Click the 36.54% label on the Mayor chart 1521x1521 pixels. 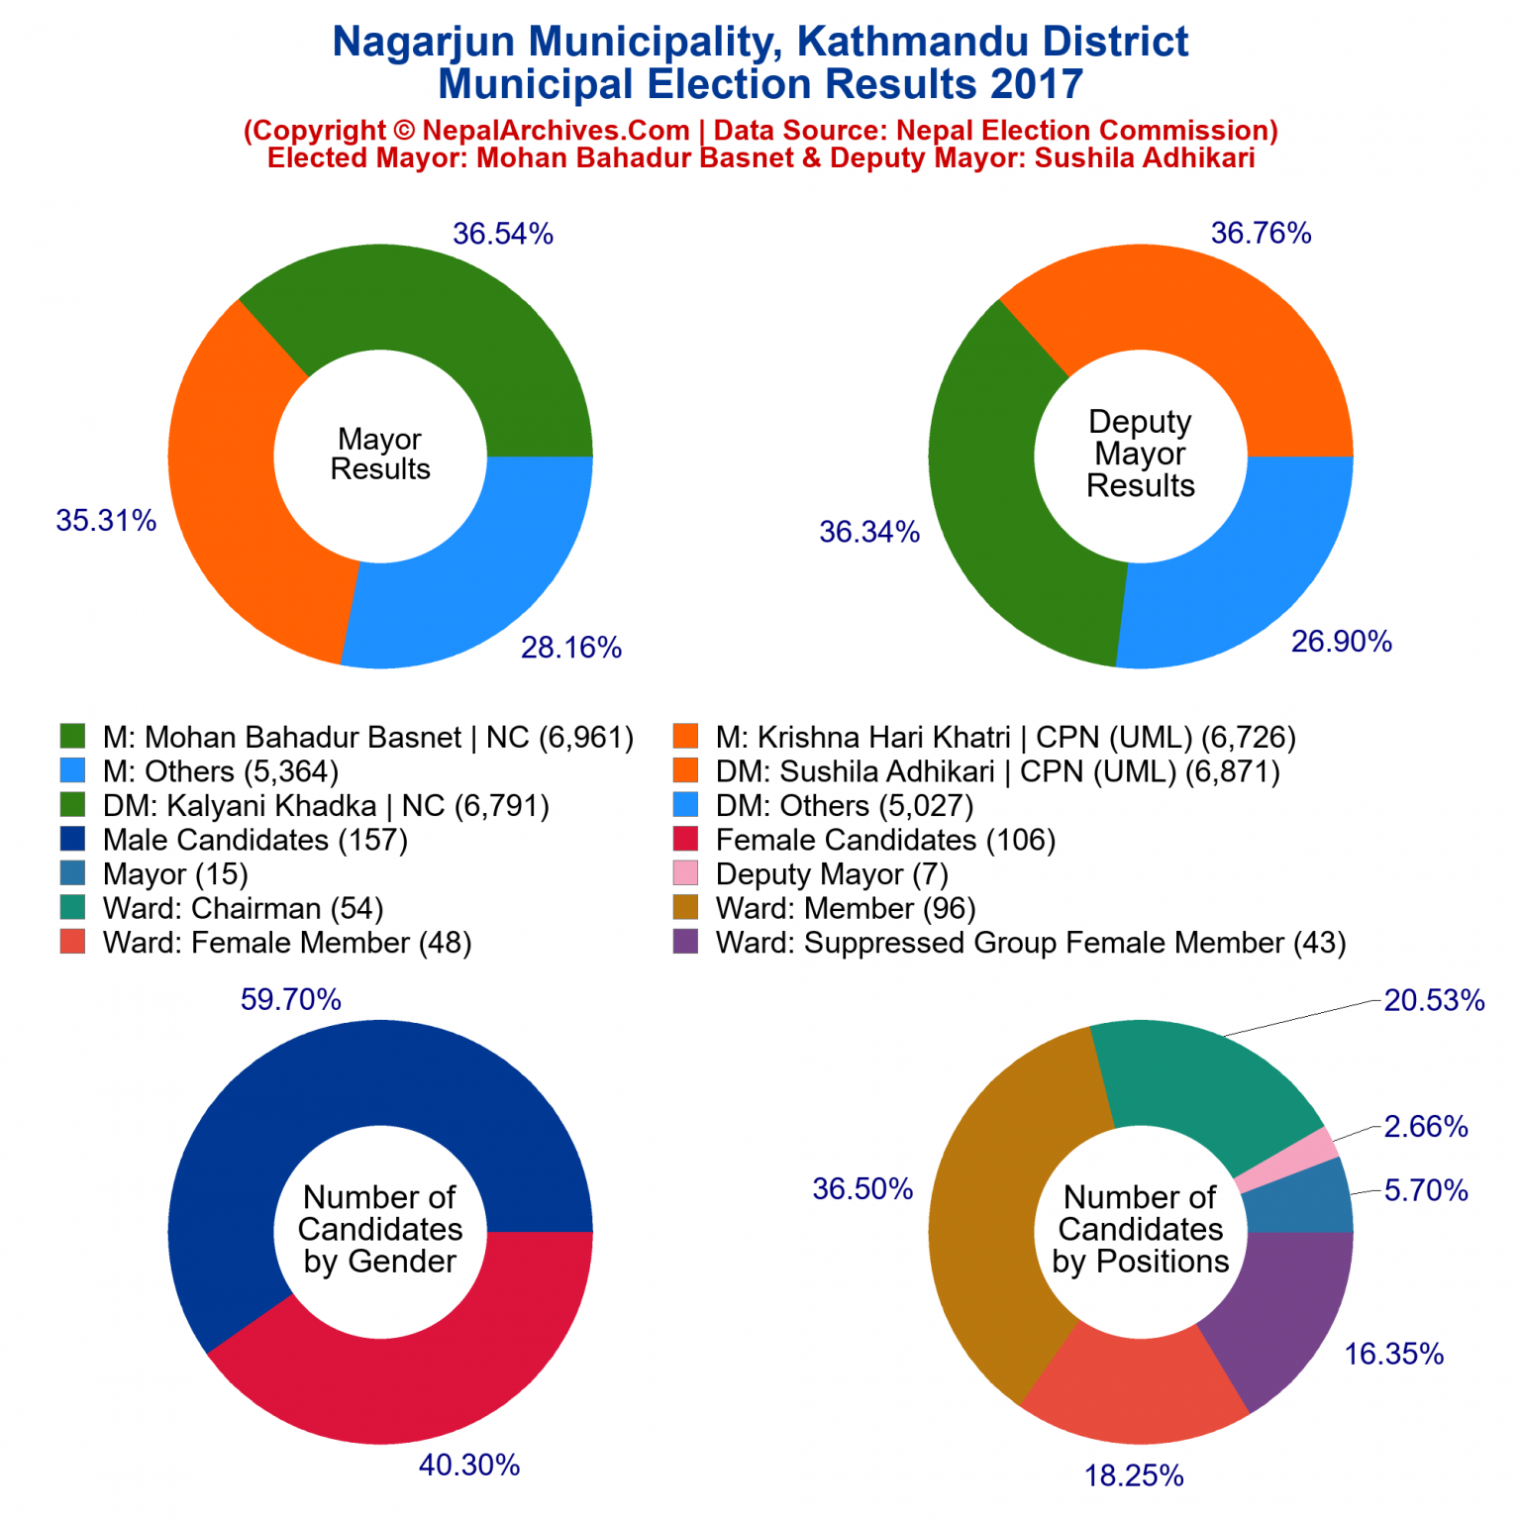click(x=502, y=235)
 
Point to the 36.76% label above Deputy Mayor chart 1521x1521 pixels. click(x=1261, y=234)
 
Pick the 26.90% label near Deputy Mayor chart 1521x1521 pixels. click(x=1341, y=642)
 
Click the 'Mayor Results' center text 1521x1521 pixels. click(x=380, y=455)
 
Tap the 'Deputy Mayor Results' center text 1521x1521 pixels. click(x=1140, y=454)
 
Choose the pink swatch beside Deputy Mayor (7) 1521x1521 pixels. click(x=685, y=873)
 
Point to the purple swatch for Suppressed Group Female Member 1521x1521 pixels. click(x=685, y=942)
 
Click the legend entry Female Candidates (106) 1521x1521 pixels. click(x=885, y=841)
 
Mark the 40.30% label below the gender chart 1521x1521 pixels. click(x=469, y=1466)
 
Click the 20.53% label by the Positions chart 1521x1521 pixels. click(x=1434, y=1001)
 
